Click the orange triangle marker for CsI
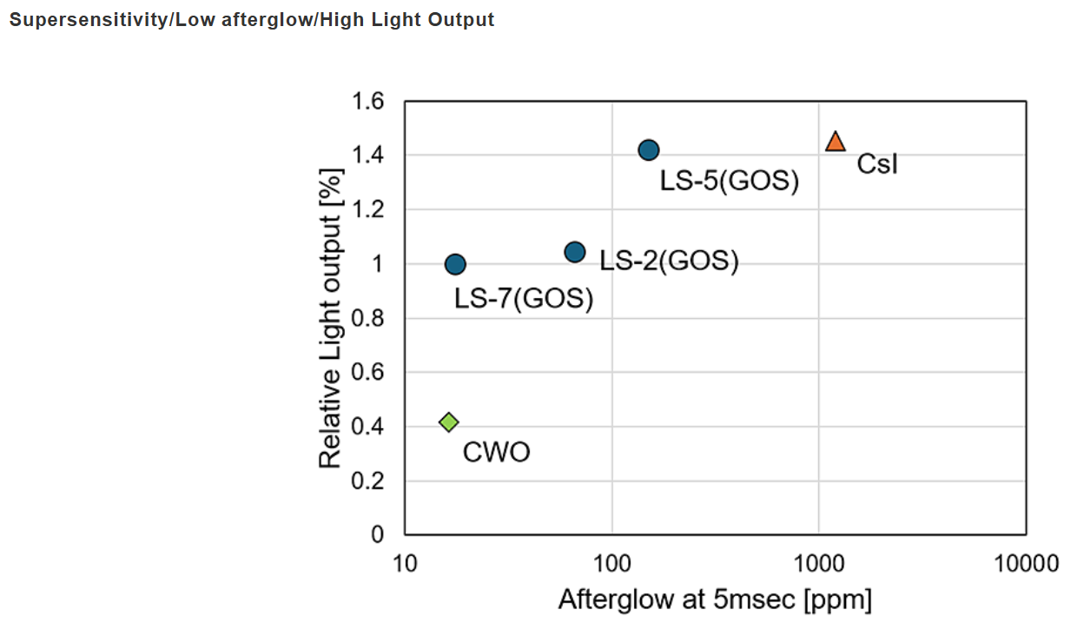(x=835, y=142)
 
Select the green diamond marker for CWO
(x=448, y=422)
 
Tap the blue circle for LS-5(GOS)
(x=648, y=150)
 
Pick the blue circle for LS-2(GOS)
(x=574, y=252)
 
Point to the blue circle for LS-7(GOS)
(x=455, y=264)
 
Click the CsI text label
(x=877, y=163)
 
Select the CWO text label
(x=496, y=453)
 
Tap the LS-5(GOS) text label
(x=729, y=182)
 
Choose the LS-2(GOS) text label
(x=669, y=262)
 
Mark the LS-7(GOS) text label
(x=524, y=299)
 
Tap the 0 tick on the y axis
(x=377, y=534)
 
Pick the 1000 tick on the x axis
(x=818, y=565)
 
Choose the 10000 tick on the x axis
(x=1026, y=565)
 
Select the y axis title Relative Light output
(x=331, y=318)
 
